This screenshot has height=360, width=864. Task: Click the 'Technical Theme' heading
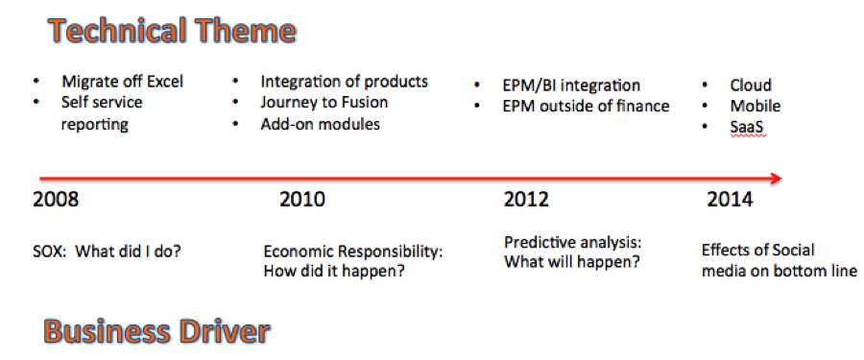pos(172,31)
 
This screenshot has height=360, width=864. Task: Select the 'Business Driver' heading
pos(157,331)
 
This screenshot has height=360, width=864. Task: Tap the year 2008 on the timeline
pos(56,199)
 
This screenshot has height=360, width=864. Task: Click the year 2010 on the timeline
pos(302,199)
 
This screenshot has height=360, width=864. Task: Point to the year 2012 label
pos(526,199)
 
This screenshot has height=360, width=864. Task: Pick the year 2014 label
pos(731,199)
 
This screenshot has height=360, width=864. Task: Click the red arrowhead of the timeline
pos(776,178)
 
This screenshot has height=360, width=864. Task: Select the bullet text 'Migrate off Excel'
pos(122,82)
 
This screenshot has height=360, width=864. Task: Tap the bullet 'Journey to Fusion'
pos(324,103)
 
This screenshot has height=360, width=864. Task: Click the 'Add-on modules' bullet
pos(320,124)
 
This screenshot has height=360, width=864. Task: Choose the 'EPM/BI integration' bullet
pos(571,85)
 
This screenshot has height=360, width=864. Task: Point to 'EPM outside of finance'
pos(586,106)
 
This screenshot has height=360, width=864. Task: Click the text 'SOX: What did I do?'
pos(108,252)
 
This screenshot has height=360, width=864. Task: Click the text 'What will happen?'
pos(572,261)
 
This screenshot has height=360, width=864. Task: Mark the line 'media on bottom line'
pos(780,272)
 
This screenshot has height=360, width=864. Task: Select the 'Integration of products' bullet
pos(345,82)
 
